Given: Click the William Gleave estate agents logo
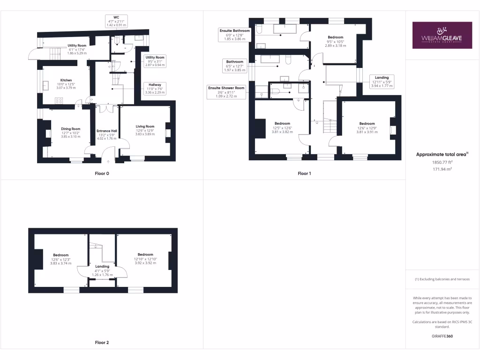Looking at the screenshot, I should click(x=442, y=35).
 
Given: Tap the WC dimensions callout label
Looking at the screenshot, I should click(x=116, y=21).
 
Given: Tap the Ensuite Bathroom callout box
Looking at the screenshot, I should click(x=235, y=35).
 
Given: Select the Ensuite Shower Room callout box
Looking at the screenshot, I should click(x=226, y=92).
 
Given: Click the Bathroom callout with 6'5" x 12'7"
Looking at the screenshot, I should click(x=235, y=66).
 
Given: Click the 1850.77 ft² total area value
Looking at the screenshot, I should click(x=442, y=162).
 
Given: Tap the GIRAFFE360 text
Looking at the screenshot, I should click(x=442, y=336).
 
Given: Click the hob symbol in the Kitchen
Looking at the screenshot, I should click(x=60, y=100).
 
